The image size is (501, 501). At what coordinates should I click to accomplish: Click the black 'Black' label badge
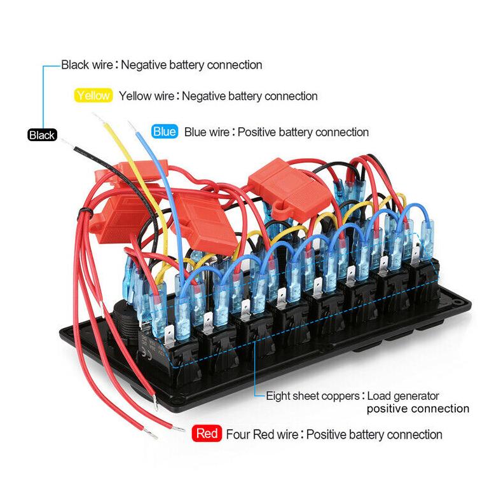[x=42, y=135]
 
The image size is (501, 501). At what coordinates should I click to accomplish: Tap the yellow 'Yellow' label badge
[x=93, y=95]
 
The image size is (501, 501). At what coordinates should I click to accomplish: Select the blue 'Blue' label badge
[x=165, y=132]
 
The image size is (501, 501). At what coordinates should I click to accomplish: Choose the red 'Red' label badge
[x=207, y=434]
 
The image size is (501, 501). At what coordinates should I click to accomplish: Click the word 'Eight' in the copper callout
[x=278, y=396]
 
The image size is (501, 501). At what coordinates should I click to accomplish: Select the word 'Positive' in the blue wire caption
[x=257, y=132]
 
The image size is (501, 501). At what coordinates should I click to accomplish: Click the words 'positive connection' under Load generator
[x=418, y=409]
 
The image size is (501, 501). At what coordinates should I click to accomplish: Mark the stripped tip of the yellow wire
[x=98, y=118]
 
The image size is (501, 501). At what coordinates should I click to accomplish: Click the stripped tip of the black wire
[x=67, y=144]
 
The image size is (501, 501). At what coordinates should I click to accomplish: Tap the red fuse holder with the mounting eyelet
[x=290, y=190]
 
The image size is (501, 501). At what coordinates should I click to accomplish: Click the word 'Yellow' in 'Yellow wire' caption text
[x=132, y=96]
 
